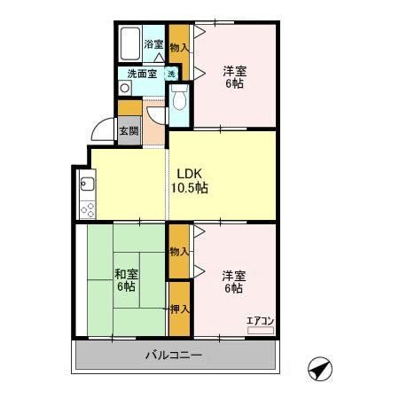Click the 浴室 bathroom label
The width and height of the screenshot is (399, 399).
pyautogui.click(x=153, y=44)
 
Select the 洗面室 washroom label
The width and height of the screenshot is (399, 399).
pyautogui.click(x=142, y=74)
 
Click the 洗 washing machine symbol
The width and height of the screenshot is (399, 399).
pyautogui.click(x=171, y=74)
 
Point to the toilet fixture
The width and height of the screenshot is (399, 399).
pyautogui.click(x=179, y=99)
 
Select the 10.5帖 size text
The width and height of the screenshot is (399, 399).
pyautogui.click(x=190, y=188)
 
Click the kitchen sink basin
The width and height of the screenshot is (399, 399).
pyautogui.click(x=87, y=185)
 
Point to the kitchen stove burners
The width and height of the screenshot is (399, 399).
pyautogui.click(x=87, y=209)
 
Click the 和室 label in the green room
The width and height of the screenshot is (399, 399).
pyautogui.click(x=124, y=273)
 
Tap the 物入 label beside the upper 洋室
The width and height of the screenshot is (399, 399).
pyautogui.click(x=179, y=46)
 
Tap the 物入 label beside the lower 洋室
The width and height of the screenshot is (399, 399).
pyautogui.click(x=179, y=252)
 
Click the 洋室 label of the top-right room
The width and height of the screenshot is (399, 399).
pyautogui.click(x=234, y=70)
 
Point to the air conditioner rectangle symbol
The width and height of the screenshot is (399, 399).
pyautogui.click(x=260, y=329)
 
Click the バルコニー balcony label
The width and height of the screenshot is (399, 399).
pyautogui.click(x=174, y=356)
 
